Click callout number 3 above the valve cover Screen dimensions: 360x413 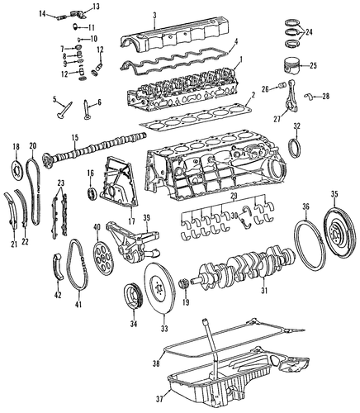pos(154,15)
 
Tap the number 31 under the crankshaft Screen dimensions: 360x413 pos(264,290)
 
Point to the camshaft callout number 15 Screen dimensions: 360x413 pos(75,137)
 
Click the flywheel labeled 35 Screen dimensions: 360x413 pos(339,230)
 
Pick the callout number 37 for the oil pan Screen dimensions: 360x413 pos(160,398)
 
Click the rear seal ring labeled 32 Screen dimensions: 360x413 pos(294,148)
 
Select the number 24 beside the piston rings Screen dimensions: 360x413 pos(309,32)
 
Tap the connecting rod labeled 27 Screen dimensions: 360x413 pos(292,97)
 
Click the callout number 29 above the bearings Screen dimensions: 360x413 pos(234,197)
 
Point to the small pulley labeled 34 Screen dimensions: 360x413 pos(132,296)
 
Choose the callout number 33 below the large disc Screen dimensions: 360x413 pos(164,329)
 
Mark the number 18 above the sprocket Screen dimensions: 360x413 pos(17,146)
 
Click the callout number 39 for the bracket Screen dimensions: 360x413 pos(146,217)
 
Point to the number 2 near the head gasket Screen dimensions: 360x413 pos(253,96)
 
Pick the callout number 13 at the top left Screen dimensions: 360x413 pos(96,7)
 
